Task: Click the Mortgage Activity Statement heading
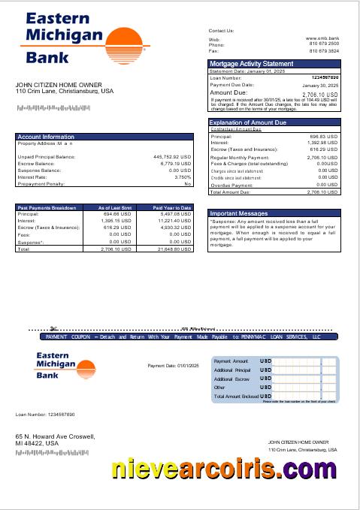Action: (x=252, y=64)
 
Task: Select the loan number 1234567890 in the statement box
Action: (x=324, y=77)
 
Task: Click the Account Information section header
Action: (x=46, y=137)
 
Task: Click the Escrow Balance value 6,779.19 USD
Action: (x=175, y=164)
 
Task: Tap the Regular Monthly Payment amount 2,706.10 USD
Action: (x=322, y=158)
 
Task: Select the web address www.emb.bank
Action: (x=322, y=38)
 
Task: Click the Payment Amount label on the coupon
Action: (x=231, y=361)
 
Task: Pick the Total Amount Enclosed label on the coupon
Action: (x=236, y=396)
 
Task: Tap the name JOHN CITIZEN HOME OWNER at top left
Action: (x=53, y=85)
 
